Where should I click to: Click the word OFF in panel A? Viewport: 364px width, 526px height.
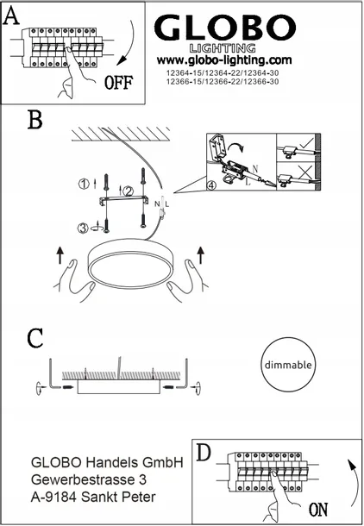click(118, 83)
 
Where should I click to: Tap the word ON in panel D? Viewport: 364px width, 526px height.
click(318, 510)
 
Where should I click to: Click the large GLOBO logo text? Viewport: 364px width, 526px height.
click(225, 28)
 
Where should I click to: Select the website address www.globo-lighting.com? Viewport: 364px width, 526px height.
click(224, 60)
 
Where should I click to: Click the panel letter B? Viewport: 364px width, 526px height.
click(35, 120)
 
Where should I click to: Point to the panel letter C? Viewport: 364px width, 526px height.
click(35, 338)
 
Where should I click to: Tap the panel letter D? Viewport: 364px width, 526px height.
click(204, 452)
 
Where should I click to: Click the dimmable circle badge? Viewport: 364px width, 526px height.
click(288, 364)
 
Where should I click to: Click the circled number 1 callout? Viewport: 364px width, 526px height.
click(84, 184)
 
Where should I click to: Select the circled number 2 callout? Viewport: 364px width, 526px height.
click(128, 191)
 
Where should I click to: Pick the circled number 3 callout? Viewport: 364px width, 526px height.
click(83, 229)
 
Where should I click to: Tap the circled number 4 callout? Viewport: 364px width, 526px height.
click(211, 185)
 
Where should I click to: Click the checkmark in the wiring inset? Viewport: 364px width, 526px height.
click(307, 143)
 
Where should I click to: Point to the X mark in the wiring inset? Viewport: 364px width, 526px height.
click(306, 172)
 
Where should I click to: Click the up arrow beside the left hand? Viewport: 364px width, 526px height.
click(60, 255)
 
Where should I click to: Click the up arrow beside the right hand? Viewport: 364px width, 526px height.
click(201, 254)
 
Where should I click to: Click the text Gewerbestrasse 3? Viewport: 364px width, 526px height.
click(89, 480)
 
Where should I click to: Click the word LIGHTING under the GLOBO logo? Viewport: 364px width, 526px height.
click(223, 48)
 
